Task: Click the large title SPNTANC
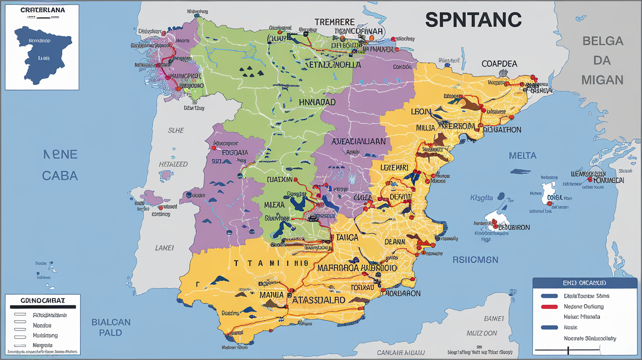pyautogui.click(x=473, y=20)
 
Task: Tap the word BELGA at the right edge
pyautogui.click(x=602, y=41)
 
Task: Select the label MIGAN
pyautogui.click(x=602, y=79)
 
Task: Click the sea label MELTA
pyautogui.click(x=523, y=156)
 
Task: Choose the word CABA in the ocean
pyautogui.click(x=60, y=176)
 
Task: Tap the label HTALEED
pyautogui.click(x=173, y=164)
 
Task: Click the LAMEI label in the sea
pyautogui.click(x=164, y=248)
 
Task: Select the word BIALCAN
pyautogui.click(x=111, y=322)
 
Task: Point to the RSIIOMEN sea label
pyautogui.click(x=475, y=260)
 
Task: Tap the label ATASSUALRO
pyautogui.click(x=319, y=300)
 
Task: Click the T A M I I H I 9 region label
pyautogui.click(x=271, y=263)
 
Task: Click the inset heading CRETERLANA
pyautogui.click(x=42, y=9)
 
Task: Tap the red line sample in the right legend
pyautogui.click(x=549, y=307)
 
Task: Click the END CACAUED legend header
pyautogui.click(x=585, y=283)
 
